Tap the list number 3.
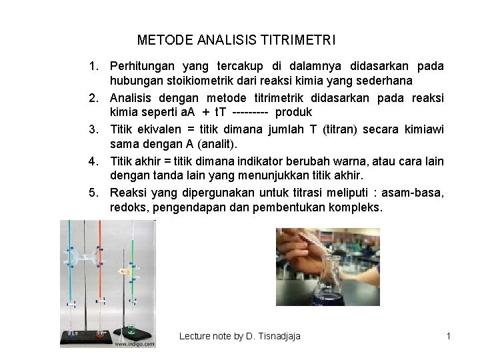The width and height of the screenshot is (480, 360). click(96, 129)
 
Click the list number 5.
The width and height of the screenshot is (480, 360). click(96, 193)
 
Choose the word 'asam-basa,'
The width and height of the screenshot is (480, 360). click(416, 193)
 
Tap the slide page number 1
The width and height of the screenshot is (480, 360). click(449, 336)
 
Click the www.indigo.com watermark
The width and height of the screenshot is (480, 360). click(135, 345)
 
